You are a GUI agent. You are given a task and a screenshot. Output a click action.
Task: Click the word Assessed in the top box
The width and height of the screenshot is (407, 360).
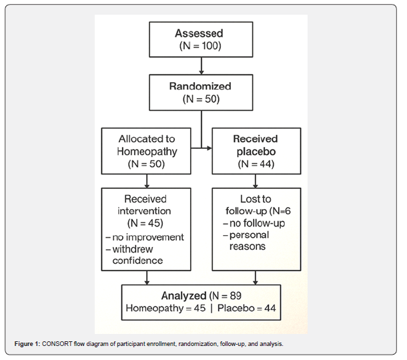(x=199, y=33)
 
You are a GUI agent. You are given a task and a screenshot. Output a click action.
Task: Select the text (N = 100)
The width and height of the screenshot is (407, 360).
(x=200, y=45)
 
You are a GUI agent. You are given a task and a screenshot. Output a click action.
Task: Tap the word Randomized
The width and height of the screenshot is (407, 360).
(x=200, y=86)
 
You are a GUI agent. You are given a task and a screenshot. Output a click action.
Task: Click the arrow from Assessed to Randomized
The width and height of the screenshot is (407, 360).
(x=201, y=65)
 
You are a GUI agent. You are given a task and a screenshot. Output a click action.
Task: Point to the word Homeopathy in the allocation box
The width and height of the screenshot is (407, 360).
(x=147, y=151)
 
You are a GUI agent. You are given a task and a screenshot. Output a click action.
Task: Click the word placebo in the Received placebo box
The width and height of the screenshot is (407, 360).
(x=256, y=152)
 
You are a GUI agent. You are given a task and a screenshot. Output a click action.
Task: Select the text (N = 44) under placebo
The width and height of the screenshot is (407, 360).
(x=256, y=164)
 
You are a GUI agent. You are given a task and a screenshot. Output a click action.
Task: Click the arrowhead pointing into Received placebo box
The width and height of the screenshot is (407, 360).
(x=210, y=148)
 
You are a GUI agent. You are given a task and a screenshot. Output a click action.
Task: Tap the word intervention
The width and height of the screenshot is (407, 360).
(x=144, y=211)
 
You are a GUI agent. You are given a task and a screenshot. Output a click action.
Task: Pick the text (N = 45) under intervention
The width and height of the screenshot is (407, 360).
(x=145, y=223)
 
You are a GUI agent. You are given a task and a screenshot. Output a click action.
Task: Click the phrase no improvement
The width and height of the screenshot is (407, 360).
(x=148, y=237)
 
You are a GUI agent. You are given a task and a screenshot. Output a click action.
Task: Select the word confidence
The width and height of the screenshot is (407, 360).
(x=137, y=260)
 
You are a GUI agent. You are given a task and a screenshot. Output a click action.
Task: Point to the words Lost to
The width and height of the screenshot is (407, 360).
(x=256, y=199)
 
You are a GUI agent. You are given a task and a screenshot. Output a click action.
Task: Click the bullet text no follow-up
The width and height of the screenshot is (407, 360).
(x=257, y=223)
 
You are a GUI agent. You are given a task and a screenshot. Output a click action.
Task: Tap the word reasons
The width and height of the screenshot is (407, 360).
(x=248, y=246)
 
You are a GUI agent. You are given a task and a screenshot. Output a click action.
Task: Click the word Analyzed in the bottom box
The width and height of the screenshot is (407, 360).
(x=183, y=296)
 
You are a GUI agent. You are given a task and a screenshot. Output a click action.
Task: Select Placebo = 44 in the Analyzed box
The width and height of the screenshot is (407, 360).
(x=247, y=308)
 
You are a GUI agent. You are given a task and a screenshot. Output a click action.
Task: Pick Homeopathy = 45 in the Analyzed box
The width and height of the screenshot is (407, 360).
(x=165, y=309)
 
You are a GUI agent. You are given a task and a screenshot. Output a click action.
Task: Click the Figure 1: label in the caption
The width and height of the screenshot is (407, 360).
(x=27, y=344)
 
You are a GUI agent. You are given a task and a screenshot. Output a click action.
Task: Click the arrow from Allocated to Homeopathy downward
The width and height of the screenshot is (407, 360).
(x=147, y=181)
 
